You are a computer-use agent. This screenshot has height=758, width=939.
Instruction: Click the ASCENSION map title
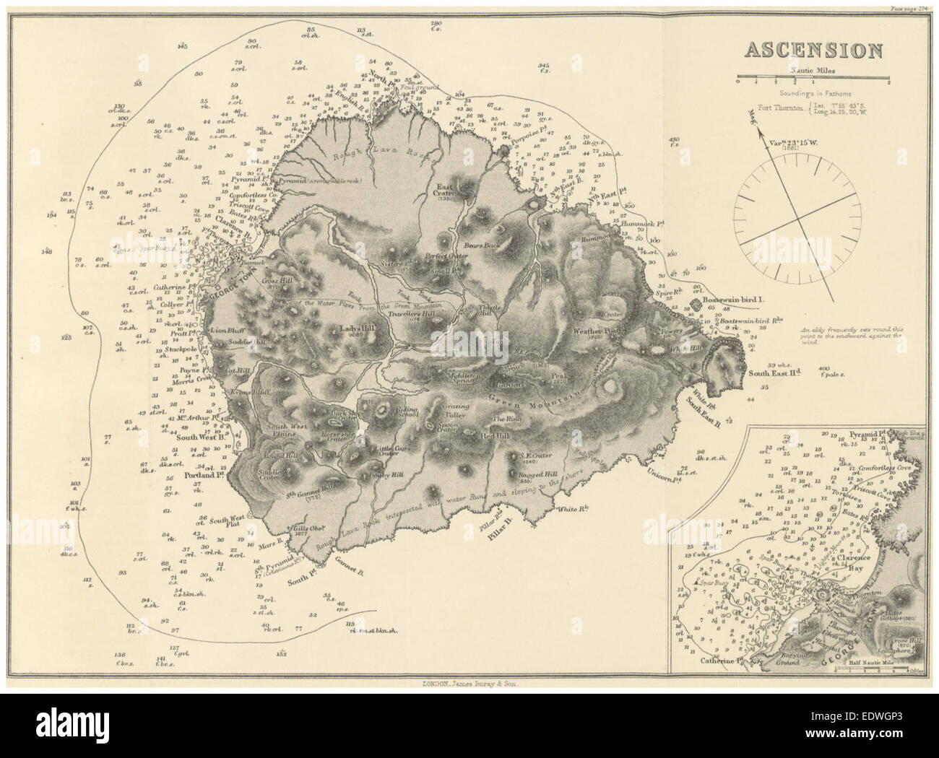[x=813, y=50]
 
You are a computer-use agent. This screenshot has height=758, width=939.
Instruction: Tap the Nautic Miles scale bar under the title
[x=813, y=77]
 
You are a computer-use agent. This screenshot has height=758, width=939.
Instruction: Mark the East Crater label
[x=442, y=189]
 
